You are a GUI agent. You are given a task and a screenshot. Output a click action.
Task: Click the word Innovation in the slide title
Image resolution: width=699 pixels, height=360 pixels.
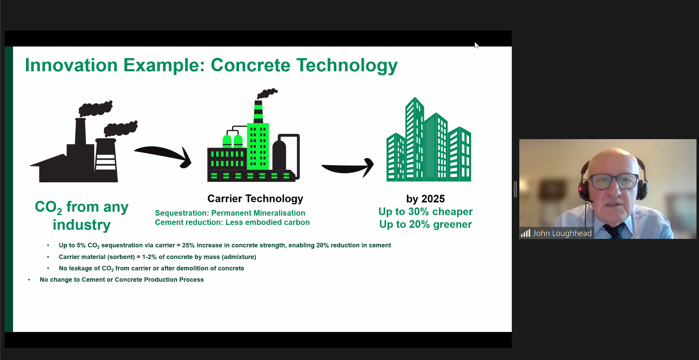pos(72,65)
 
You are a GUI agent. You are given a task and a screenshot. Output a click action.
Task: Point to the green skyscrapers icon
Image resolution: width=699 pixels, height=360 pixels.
pos(429,139)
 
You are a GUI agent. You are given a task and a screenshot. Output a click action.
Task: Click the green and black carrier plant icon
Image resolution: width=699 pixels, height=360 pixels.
pos(254,135)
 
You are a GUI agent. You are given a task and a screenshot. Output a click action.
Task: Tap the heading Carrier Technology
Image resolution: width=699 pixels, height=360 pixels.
pos(255,199)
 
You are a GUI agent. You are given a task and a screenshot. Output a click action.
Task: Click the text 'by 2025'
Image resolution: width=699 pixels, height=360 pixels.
pos(426,199)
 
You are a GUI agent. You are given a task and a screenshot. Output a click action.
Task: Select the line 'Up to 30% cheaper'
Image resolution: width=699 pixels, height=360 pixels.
pos(426,212)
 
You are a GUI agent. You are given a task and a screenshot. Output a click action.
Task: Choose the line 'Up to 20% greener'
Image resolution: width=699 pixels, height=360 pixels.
pos(426,225)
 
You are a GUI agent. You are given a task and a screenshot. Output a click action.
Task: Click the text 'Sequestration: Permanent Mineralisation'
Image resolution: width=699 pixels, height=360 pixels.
pos(230,213)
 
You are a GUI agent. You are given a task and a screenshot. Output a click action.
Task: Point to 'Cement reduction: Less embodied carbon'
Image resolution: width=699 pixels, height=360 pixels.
pos(232,222)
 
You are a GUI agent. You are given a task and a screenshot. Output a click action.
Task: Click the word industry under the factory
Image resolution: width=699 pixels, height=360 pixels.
pos(82,225)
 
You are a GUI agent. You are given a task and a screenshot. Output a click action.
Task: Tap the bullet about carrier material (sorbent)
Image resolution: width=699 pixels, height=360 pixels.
pos(157,257)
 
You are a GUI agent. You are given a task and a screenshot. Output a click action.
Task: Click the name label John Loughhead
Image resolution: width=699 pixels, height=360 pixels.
pos(562,233)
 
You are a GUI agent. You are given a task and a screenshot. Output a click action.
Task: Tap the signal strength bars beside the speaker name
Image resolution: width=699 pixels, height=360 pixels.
pos(526,233)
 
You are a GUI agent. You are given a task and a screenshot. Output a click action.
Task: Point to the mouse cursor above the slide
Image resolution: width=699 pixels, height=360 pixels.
pos(477,45)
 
